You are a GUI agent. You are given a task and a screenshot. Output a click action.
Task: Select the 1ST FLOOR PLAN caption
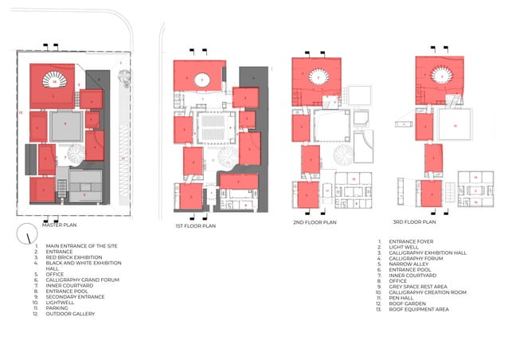pos(195,226)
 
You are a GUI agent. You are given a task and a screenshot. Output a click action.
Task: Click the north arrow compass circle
pos(29,236)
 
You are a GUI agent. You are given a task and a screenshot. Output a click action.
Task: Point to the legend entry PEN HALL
pos(404,296)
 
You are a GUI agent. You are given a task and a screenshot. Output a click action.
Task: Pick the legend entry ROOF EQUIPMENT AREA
pos(421,308)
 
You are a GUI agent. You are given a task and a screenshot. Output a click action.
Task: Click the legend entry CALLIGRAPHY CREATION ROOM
pos(430,291)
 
